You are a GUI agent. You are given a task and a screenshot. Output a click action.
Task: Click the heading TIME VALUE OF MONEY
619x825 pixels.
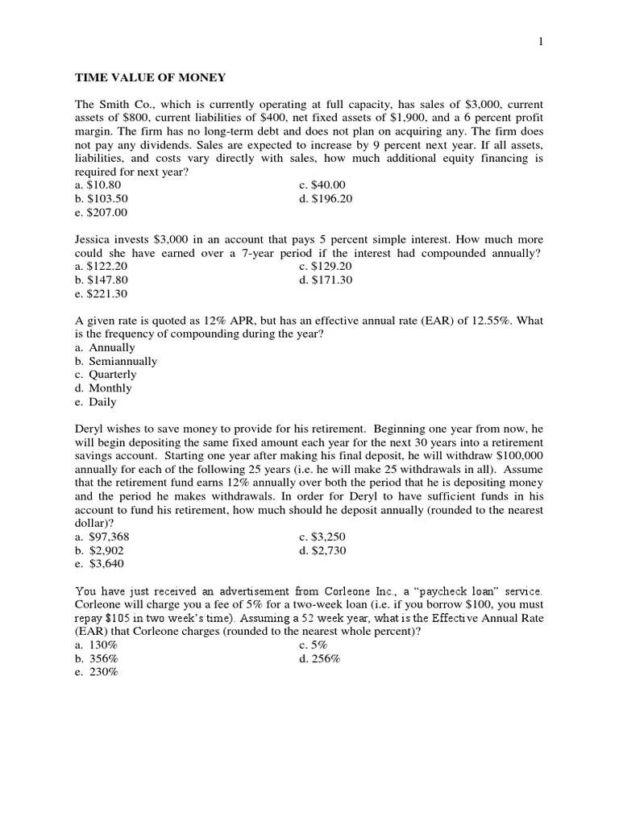tap(150, 78)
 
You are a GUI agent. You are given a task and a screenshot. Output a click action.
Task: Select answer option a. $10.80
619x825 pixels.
tap(98, 184)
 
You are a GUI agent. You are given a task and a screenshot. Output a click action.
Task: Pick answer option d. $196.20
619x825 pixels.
tap(326, 198)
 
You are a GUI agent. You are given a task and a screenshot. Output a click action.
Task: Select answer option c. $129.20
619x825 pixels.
tap(326, 267)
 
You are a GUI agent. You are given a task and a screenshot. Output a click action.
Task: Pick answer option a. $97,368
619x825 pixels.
tap(102, 536)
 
